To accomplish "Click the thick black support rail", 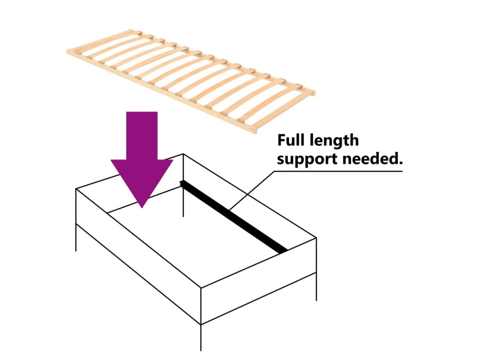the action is pos(234,216).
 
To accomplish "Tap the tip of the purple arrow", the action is pos(142,205).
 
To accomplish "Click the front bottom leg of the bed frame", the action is pos(201,337).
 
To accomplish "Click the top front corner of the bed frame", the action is pos(201,288).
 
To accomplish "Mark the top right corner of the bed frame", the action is pos(316,238).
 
